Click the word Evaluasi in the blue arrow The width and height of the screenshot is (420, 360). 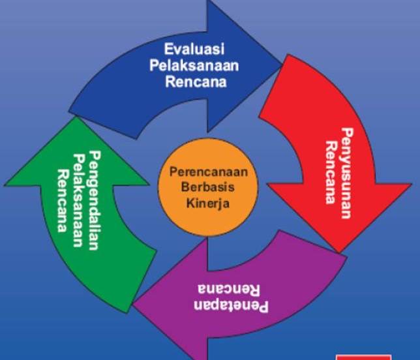pos(194,49)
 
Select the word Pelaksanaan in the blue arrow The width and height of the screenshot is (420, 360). pos(194,65)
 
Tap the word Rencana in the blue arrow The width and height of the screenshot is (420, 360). pos(196,81)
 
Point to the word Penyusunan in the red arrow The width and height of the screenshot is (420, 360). pos(347,173)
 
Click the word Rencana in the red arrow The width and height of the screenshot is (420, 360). pos(331,173)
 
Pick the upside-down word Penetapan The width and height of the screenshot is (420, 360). pos(231,306)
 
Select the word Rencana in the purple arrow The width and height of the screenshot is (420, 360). pos(229,290)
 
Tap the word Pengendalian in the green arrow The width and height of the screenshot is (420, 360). pos(95,200)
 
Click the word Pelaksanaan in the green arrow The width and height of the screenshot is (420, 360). pos(79,200)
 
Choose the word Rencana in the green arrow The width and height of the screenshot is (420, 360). pos(63,201)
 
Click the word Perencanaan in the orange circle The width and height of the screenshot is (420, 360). pos(209,172)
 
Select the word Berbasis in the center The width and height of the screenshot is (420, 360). pos(208,187)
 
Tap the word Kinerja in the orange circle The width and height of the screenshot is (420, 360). pos(208,203)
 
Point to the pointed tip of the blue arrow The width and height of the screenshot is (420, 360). pos(282,65)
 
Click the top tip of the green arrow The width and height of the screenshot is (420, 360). pos(76,117)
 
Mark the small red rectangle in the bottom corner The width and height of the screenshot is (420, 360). pos(363,357)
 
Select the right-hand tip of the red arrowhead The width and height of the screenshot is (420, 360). pos(412,184)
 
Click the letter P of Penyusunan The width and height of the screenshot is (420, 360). pos(347,132)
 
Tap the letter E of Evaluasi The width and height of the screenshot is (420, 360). pos(168,49)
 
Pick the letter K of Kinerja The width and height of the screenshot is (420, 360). pos(190,202)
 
